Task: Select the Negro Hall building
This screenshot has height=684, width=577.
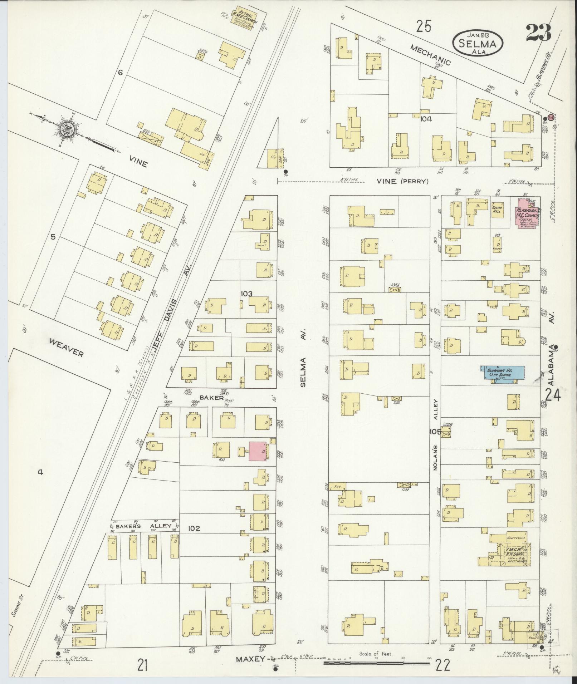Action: (x=498, y=210)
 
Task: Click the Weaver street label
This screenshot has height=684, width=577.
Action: (x=66, y=348)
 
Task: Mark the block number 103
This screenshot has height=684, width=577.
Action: (x=246, y=294)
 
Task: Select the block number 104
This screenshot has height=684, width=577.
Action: (x=426, y=119)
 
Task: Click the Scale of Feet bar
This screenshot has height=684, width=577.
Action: (x=376, y=663)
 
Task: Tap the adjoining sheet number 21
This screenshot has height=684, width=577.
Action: (x=143, y=665)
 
